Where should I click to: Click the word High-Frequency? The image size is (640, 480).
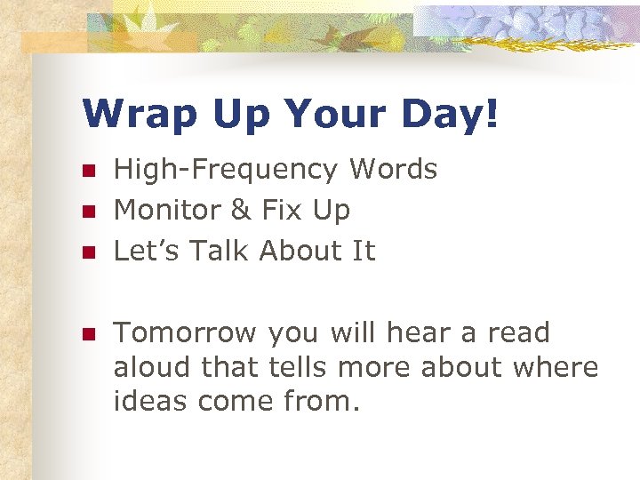(226, 170)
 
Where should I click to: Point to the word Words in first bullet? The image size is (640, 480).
(394, 169)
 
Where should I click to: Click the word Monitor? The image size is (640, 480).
(172, 211)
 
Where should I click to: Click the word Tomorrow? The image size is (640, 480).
(186, 333)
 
